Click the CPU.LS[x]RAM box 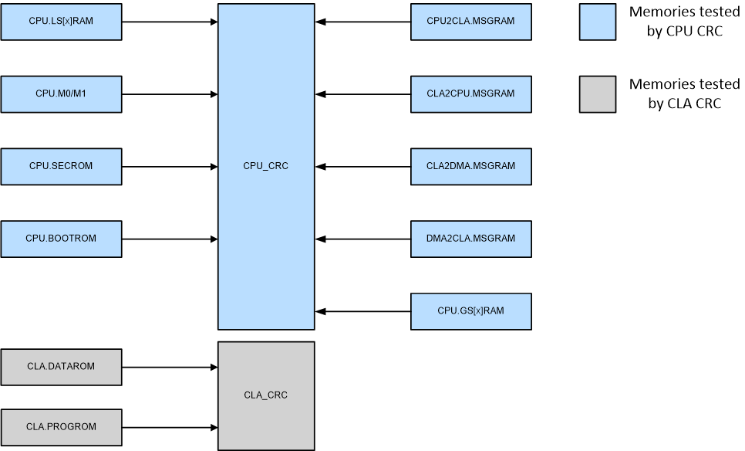coord(61,22)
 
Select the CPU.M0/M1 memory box coord(61,94)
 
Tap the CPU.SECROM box coord(61,166)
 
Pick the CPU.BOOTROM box coord(61,239)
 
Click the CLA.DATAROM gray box coord(61,367)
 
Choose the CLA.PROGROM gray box coord(61,426)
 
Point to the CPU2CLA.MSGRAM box coord(470,22)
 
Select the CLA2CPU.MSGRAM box coord(470,94)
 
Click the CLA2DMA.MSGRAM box coord(470,166)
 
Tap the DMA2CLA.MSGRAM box coord(470,239)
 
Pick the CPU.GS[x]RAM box coord(470,311)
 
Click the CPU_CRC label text coord(265,166)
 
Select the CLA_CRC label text coord(265,395)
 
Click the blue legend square coord(598,22)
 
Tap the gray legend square coord(598,94)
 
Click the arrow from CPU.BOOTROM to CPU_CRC coord(170,239)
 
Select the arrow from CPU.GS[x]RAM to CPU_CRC coord(362,311)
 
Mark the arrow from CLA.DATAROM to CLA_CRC coord(170,367)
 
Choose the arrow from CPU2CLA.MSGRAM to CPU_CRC coord(362,22)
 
